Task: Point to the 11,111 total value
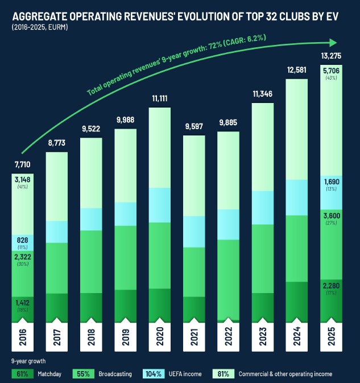[159, 98]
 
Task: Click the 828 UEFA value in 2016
[23, 241]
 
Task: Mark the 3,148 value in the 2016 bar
[23, 180]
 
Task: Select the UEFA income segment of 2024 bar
[296, 197]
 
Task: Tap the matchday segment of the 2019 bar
[125, 306]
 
